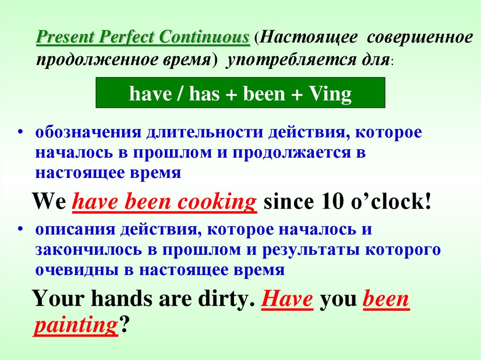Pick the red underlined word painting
(74, 324)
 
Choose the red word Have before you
(287, 299)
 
